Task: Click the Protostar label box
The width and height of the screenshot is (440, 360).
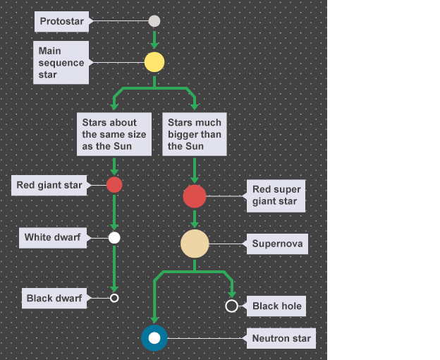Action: pos(61,21)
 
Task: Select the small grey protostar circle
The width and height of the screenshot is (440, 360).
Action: pos(154,21)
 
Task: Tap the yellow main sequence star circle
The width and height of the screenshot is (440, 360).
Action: pos(154,62)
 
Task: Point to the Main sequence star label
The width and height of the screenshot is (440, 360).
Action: pos(61,62)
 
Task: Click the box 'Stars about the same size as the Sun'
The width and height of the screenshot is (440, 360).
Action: pos(114,134)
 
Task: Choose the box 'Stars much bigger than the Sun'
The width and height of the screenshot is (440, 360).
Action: pos(195,134)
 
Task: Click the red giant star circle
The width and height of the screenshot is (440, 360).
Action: pos(114,185)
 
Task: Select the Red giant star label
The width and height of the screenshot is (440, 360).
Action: pos(49,186)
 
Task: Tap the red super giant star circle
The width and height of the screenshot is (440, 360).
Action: pos(195,196)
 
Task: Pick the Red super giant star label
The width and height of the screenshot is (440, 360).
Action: pos(276,196)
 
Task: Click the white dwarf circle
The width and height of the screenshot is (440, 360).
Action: pos(114,237)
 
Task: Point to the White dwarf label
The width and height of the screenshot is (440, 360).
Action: pos(52,237)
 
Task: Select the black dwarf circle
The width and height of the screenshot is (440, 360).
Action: pos(114,298)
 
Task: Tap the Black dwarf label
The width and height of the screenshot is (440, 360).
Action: pos(54,298)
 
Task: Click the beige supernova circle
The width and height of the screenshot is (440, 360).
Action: pos(195,244)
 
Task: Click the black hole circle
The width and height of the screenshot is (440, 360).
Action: pos(231,306)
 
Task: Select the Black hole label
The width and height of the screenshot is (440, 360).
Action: pos(277,306)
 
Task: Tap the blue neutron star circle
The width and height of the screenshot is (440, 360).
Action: pos(154,338)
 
